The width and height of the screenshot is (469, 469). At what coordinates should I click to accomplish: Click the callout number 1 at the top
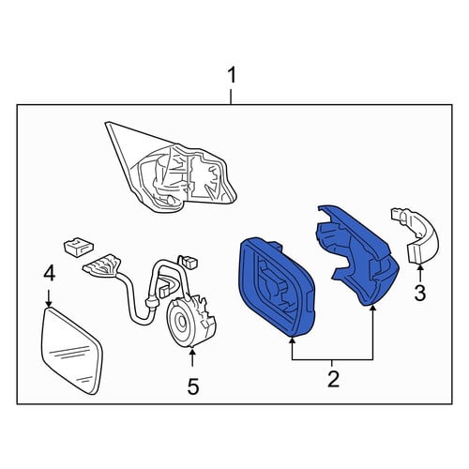tap(232, 76)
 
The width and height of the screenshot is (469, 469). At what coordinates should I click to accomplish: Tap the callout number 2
tap(333, 379)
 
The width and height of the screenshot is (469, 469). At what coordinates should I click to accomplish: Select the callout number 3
tap(420, 294)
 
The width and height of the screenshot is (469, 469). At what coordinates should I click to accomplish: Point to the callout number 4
tap(50, 273)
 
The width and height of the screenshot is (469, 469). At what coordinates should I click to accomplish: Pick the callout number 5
tap(193, 386)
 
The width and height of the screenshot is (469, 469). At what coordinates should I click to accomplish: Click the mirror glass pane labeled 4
tap(71, 351)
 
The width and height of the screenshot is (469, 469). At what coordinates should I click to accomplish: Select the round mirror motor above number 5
tap(190, 322)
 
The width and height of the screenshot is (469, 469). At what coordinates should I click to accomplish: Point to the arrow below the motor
tap(192, 357)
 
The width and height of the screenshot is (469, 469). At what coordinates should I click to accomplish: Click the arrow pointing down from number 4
tap(49, 298)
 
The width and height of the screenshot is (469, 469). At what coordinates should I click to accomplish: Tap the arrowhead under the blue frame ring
tap(292, 341)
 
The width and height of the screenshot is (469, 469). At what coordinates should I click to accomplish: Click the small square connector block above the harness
tap(78, 248)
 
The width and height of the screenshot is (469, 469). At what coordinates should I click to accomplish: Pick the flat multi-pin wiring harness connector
tap(102, 266)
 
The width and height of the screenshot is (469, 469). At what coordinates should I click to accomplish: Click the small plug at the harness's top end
tap(187, 262)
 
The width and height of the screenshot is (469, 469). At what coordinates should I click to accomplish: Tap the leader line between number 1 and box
tap(231, 97)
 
